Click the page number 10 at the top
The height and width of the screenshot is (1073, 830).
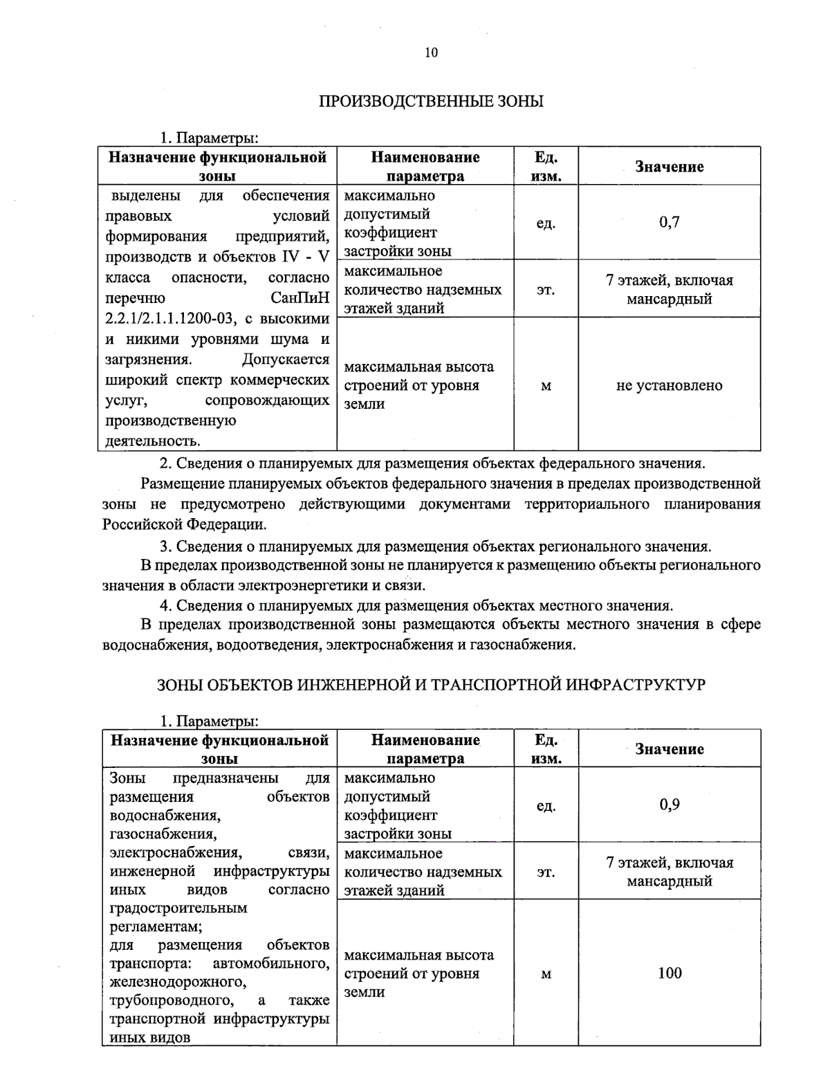[431, 53]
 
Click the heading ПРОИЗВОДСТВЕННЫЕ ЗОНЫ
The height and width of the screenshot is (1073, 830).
[431, 102]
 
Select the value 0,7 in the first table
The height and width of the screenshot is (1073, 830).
[669, 222]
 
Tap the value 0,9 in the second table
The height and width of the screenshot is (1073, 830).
[669, 805]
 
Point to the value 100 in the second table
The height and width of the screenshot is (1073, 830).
[669, 973]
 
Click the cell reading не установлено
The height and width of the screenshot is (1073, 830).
[669, 385]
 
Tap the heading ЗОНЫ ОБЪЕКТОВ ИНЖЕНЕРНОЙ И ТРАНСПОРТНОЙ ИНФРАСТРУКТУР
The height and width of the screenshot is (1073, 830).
[431, 685]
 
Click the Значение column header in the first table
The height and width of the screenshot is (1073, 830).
[669, 167]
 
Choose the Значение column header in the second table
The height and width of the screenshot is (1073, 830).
[669, 749]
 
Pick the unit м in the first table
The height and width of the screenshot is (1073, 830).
[546, 386]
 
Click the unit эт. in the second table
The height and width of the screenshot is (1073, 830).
[546, 872]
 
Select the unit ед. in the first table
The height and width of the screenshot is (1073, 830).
[546, 223]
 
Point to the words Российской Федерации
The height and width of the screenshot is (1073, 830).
[184, 524]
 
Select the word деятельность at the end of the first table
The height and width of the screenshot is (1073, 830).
[151, 441]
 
